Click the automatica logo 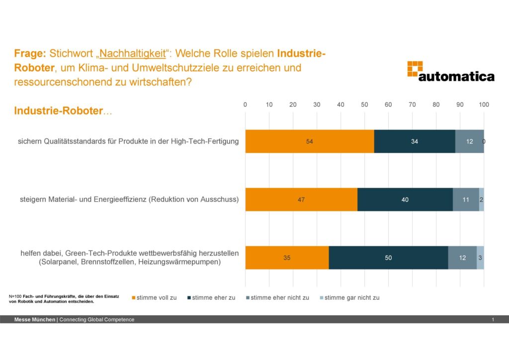tap(450, 71)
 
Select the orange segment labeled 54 tap(309, 141)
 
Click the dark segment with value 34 tap(415, 141)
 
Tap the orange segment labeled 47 tap(301, 199)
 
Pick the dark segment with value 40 tap(405, 199)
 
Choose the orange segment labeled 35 tap(287, 258)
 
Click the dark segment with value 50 tap(388, 258)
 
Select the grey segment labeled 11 tap(466, 199)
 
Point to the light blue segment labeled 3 tap(481, 258)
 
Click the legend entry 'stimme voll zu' tap(154, 297)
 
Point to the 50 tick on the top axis tap(364, 104)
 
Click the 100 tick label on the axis tap(484, 104)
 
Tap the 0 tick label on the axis tap(245, 104)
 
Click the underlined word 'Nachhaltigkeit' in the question tap(132, 53)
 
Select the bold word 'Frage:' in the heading tap(30, 53)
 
